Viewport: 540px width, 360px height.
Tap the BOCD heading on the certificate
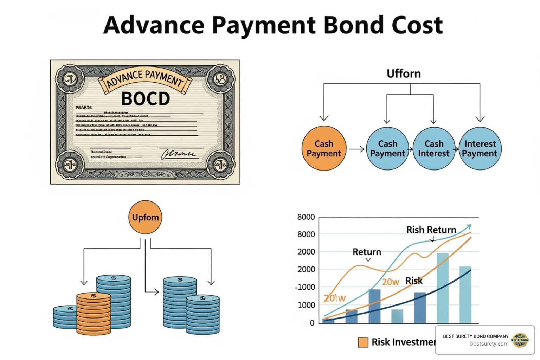pyautogui.click(x=146, y=99)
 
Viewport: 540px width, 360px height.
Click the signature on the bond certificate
pyautogui.click(x=178, y=154)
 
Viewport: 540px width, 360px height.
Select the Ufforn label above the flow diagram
pyautogui.click(x=404, y=74)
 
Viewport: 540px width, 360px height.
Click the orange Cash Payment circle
pyautogui.click(x=324, y=148)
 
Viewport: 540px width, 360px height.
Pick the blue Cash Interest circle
pyautogui.click(x=434, y=149)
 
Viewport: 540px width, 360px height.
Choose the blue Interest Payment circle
pyautogui.click(x=480, y=149)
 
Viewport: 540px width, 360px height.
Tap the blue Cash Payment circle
pyautogui.click(x=387, y=149)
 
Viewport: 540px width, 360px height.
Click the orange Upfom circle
pyautogui.click(x=146, y=217)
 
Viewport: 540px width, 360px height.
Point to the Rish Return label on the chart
pyautogui.click(x=431, y=230)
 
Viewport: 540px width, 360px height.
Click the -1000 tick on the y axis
pyautogui.click(x=305, y=287)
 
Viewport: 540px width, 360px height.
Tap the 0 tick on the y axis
pyautogui.click(x=312, y=323)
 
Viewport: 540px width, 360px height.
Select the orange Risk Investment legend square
pyautogui.click(x=363, y=342)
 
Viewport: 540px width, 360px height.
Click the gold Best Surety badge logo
pyautogui.click(x=520, y=340)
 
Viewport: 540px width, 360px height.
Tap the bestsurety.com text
pyautogui.click(x=489, y=344)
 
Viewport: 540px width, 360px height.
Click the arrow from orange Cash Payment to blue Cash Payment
pyautogui.click(x=356, y=149)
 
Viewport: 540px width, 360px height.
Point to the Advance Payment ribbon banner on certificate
pyautogui.click(x=145, y=79)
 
